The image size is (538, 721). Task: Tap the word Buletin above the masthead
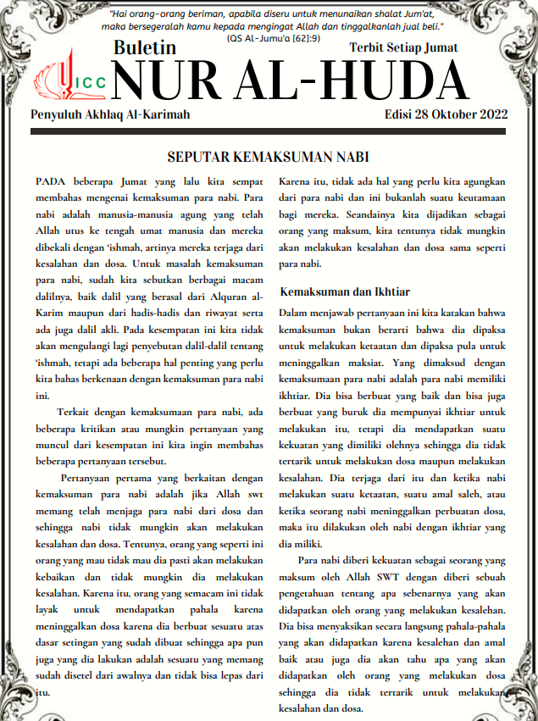[x=146, y=48]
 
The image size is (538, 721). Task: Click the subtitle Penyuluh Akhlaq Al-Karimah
[x=110, y=114]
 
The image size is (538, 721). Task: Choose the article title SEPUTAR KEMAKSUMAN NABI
[x=269, y=158]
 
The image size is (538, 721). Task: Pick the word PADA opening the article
[x=51, y=182]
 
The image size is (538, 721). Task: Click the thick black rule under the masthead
[x=269, y=132]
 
